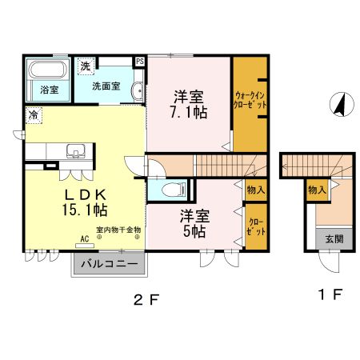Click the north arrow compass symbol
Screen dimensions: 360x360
(338, 104)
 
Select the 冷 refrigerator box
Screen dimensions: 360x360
(34, 115)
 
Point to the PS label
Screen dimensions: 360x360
(140, 61)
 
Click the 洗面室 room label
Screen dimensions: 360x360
(106, 86)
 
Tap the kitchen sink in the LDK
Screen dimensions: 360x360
(78, 150)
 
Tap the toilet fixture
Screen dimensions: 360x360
(170, 190)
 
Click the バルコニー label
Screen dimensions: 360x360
(110, 263)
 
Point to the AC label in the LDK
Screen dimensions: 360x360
(84, 238)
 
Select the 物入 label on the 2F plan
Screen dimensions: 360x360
(255, 190)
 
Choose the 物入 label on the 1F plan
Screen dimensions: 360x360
(317, 190)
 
